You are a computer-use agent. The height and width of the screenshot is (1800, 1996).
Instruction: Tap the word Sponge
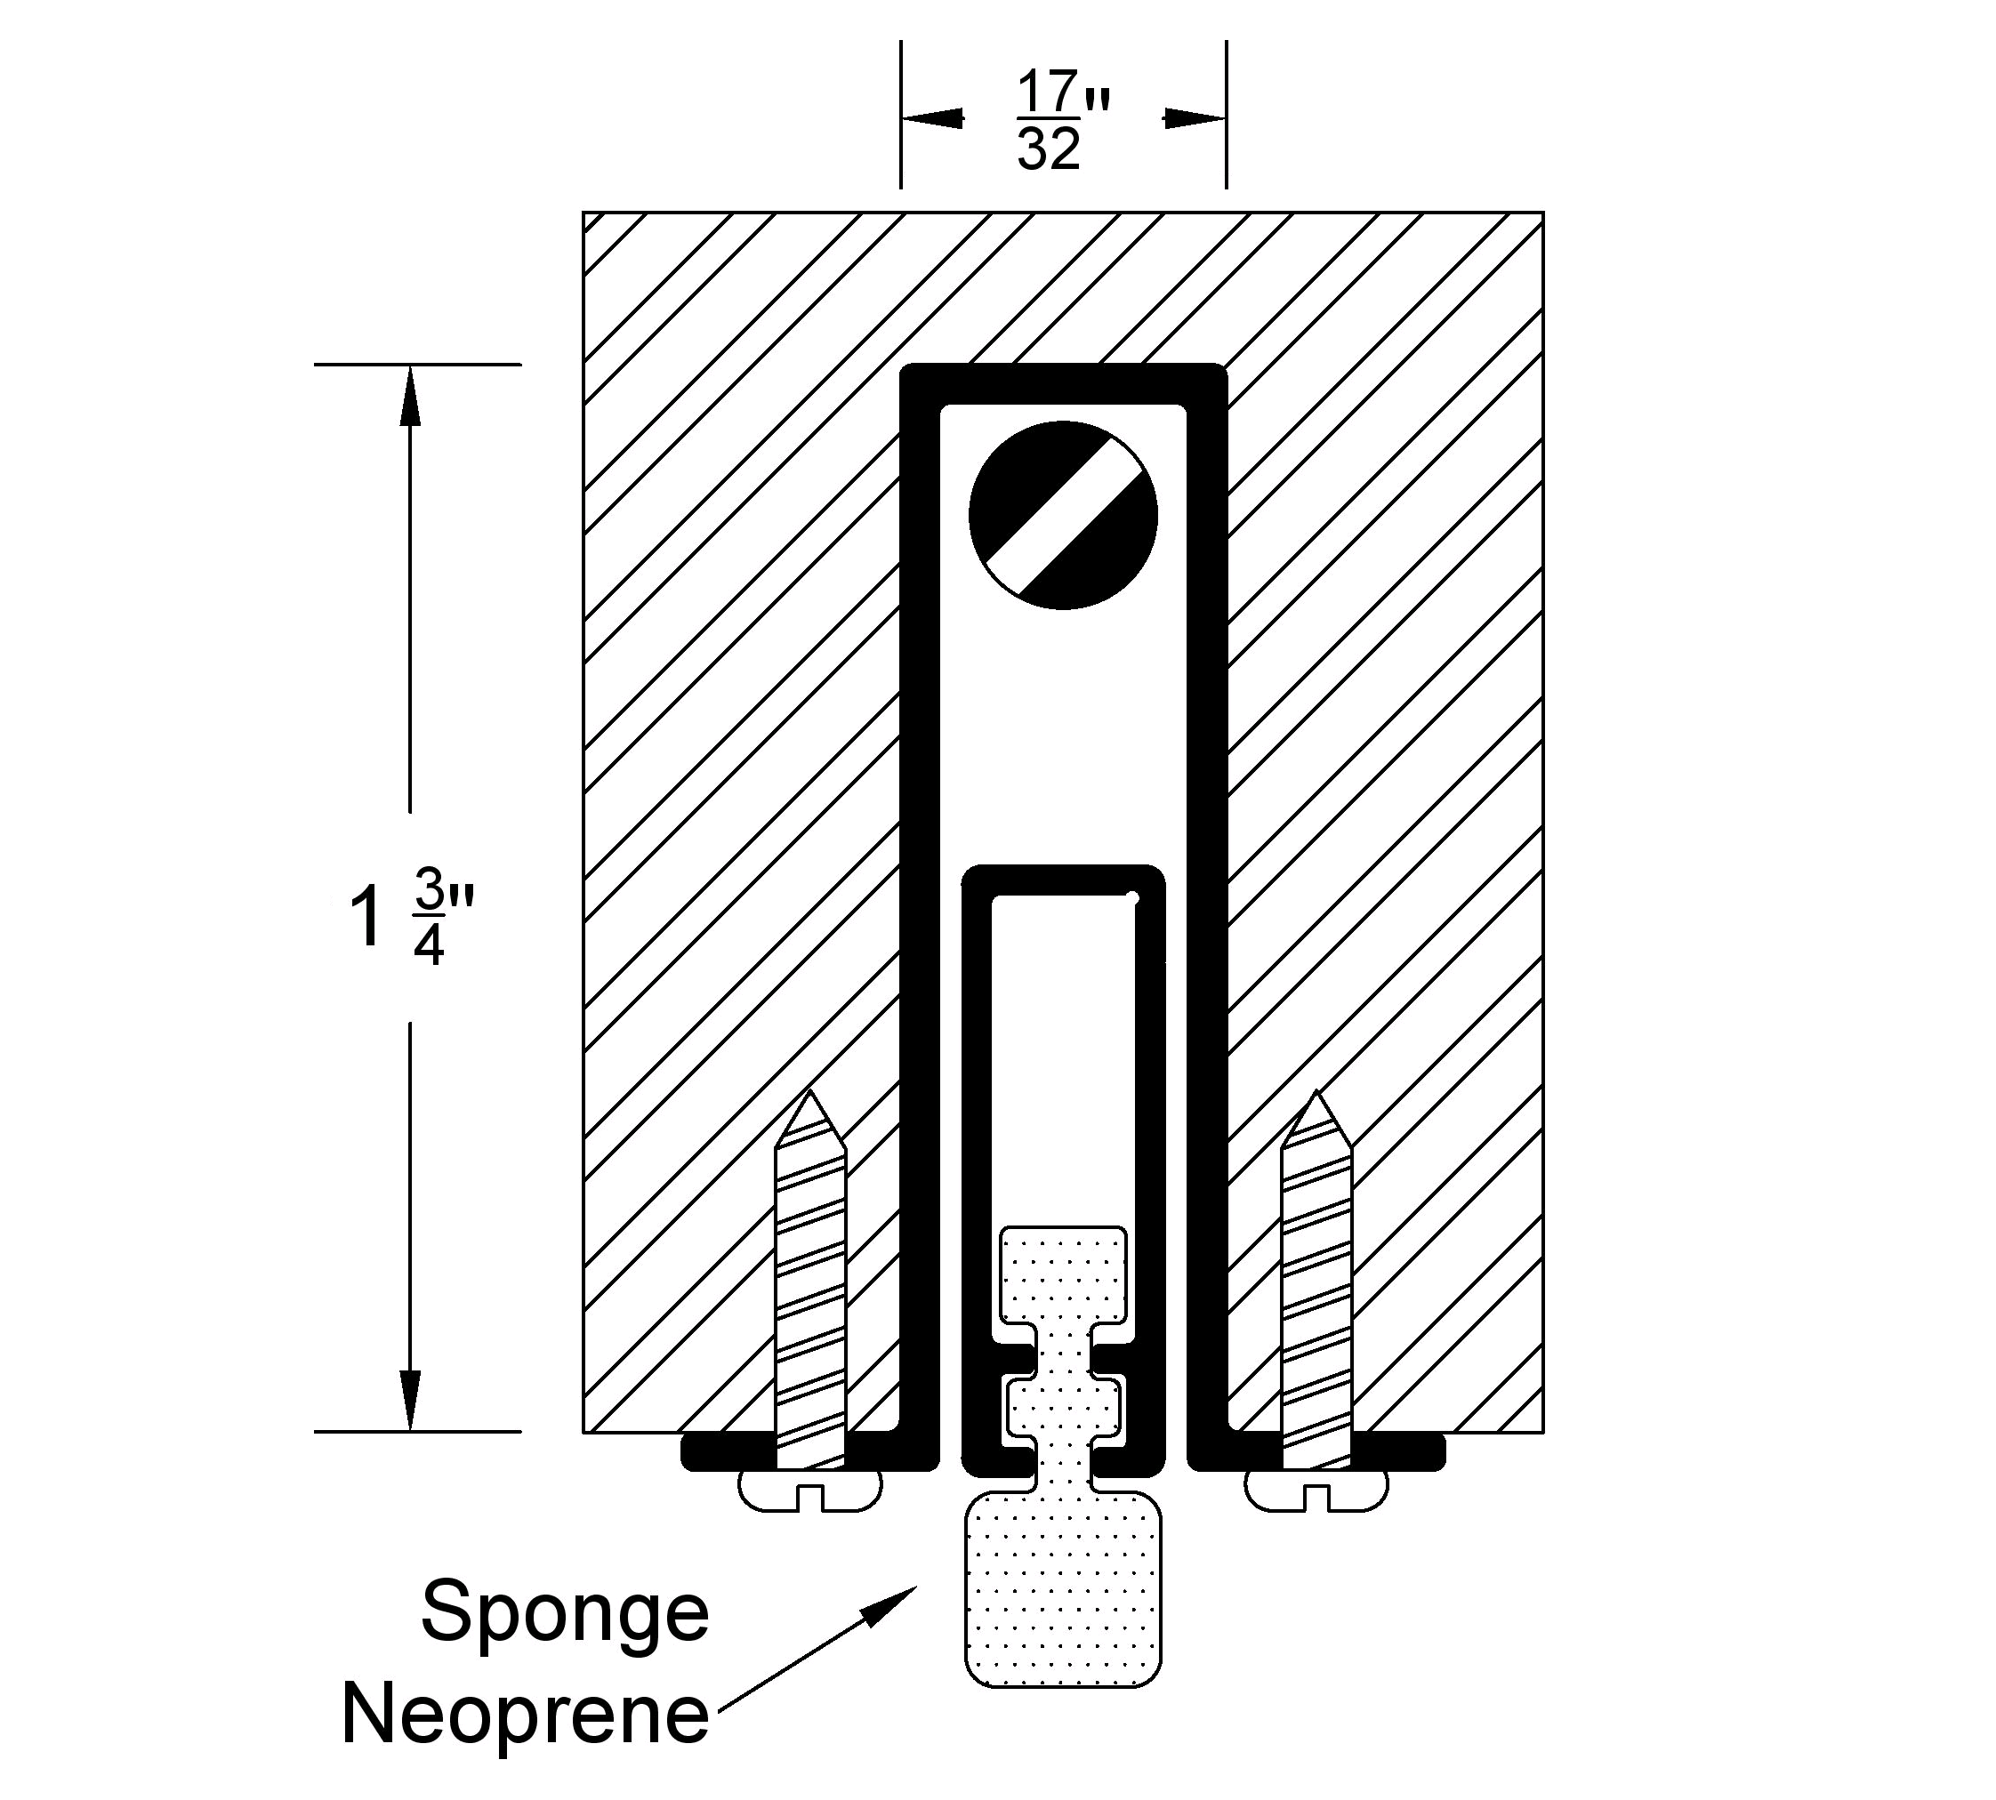565,1611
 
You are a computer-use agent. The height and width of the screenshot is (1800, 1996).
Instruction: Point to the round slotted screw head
1063,515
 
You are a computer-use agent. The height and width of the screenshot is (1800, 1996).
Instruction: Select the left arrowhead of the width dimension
930,117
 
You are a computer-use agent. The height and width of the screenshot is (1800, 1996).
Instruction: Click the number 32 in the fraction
1049,150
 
